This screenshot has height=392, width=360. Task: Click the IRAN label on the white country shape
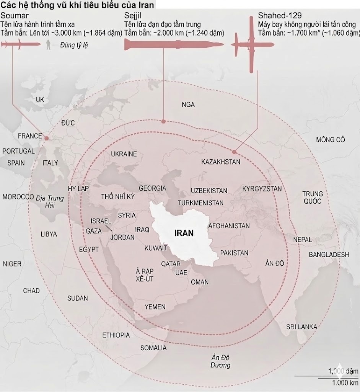pos(184,233)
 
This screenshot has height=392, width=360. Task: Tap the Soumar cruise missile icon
pos(19,45)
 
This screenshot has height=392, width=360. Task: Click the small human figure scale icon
pos(48,45)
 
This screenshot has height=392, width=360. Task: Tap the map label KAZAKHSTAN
pos(221,162)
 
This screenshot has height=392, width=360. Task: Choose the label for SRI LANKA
pos(301,327)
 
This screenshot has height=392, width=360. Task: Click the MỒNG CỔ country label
pos(331,139)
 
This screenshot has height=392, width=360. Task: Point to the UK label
pos(40,100)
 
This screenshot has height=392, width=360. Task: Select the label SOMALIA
pos(153,348)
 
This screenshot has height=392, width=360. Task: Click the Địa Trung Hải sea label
pos(50,202)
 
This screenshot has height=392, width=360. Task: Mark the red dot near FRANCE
pos(46,138)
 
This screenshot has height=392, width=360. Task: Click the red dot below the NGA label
pos(163,121)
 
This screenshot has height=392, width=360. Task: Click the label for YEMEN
pos(155,307)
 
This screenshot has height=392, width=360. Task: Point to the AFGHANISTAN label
pos(229,226)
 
